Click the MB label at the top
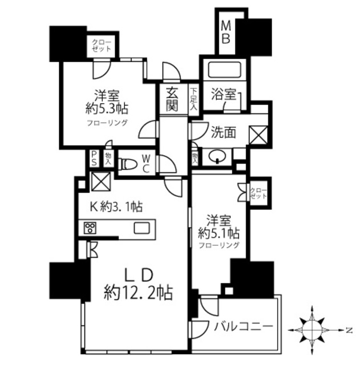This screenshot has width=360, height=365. pos(226,32)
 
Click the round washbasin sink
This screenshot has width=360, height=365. pos(218,156)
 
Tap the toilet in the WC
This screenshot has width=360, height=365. pos(128,164)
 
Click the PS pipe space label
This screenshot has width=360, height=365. pos(94,159)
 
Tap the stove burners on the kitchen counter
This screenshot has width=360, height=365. pos(90,228)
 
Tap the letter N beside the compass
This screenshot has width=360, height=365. pos(347,330)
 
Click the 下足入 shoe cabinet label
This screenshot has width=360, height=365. pos(195,98)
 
